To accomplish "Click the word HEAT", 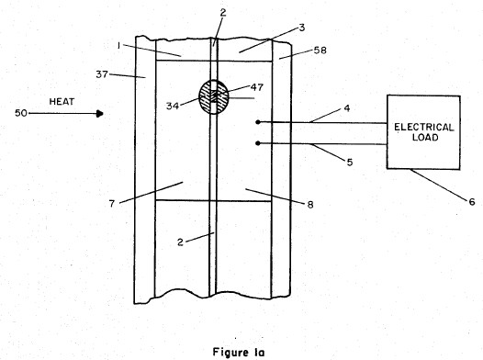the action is tap(62, 101).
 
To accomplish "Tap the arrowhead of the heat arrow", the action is tap(99, 114).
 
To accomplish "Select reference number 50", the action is tap(21, 113).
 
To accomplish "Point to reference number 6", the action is tap(472, 202).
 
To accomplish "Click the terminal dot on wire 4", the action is tap(258, 122).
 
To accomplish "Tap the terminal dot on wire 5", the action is tap(258, 143).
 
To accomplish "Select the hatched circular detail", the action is tap(214, 97).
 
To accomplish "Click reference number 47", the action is tap(257, 87).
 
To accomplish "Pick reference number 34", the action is tap(173, 106).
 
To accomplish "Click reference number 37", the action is tap(102, 74).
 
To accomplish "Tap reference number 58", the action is tap(320, 51).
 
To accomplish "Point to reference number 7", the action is tap(112, 204).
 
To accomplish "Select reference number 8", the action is tap(310, 205).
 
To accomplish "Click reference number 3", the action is tap(302, 28).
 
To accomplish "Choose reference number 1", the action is tap(118, 46).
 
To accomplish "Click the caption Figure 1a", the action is tap(239, 352).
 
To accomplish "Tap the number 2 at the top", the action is tap(223, 12).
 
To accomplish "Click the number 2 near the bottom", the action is tap(180, 242).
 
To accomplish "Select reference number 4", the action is tap(347, 108).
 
